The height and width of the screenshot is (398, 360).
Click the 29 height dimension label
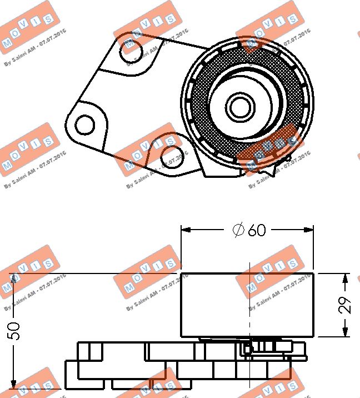[346, 305]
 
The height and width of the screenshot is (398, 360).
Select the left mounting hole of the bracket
[84, 125]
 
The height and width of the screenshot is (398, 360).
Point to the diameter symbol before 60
[238, 230]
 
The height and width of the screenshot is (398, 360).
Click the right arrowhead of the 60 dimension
[309, 229]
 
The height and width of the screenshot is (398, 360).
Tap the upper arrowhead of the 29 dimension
[346, 277]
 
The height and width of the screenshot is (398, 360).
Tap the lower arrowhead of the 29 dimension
[346, 332]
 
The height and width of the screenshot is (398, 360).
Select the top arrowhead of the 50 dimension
[14, 277]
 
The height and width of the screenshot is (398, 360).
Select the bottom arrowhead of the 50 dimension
[14, 385]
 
